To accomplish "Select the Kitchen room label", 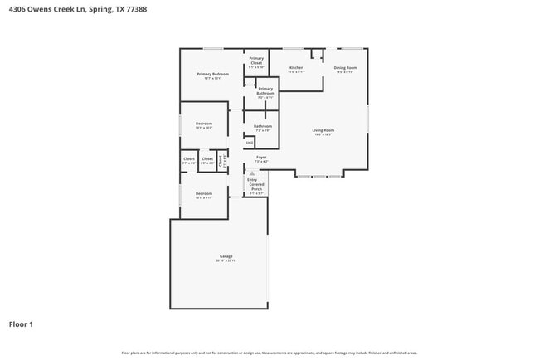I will (x=296, y=69).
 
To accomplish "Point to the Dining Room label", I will (x=345, y=69).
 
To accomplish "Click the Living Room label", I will (x=323, y=132).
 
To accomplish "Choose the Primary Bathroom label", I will (x=265, y=92).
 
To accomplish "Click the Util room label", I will (x=250, y=143).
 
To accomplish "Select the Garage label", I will (x=226, y=258).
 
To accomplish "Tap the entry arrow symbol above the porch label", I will (x=252, y=173).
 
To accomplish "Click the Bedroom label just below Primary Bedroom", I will (x=204, y=125).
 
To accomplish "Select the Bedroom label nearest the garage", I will (x=204, y=195).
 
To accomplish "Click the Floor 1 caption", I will (x=21, y=324).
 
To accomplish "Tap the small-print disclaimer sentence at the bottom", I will (x=269, y=353).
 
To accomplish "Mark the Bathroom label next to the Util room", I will (x=263, y=128).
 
